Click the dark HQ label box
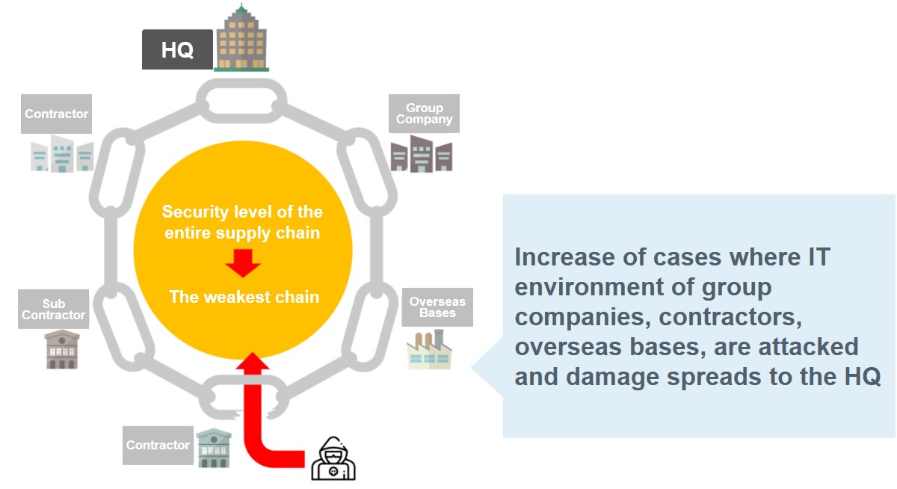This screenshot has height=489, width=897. click(177, 50)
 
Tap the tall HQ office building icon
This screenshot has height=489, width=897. click(241, 39)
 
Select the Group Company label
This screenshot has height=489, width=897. click(424, 114)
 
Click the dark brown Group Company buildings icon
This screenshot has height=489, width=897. click(421, 154)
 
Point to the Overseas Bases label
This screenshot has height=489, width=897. click(437, 307)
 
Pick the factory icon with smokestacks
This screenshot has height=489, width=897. click(429, 350)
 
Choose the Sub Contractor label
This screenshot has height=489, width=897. click(53, 310)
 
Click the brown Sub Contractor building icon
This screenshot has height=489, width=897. click(61, 349)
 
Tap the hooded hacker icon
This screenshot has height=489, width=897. click(333, 458)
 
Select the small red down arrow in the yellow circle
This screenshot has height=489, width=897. click(243, 262)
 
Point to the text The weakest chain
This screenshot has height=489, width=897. click(244, 297)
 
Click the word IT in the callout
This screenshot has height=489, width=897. click(816, 258)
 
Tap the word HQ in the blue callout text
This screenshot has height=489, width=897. click(860, 376)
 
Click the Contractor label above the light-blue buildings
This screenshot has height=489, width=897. click(56, 114)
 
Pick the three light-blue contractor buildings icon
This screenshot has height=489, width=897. click(62, 155)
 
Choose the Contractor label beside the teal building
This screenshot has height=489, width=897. click(158, 445)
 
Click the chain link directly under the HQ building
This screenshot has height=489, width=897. click(241, 98)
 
